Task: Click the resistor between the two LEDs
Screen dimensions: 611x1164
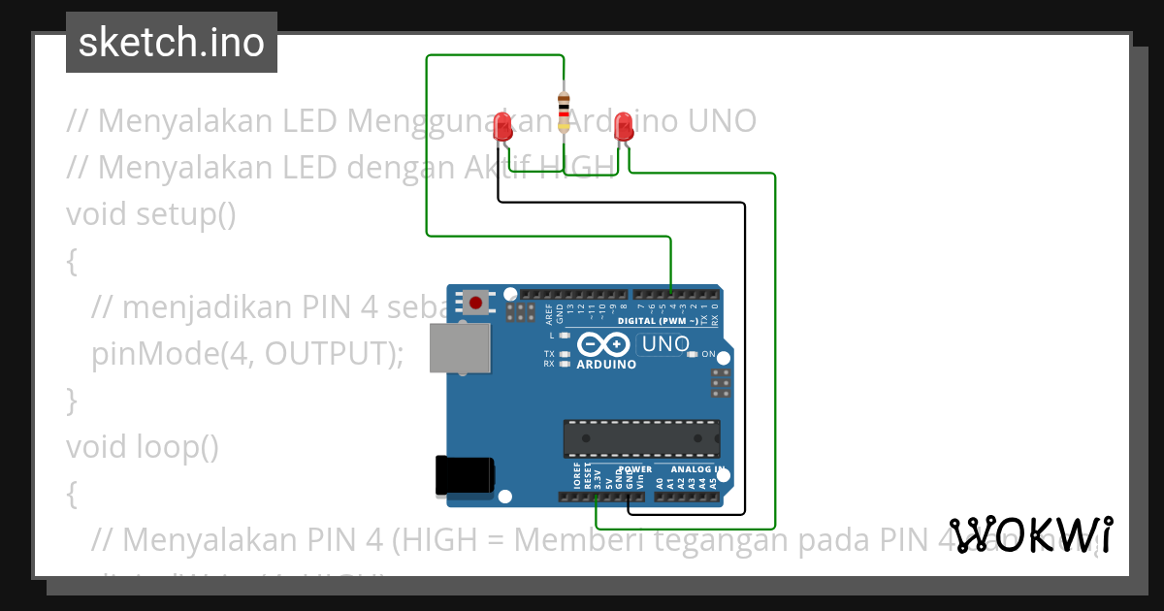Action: point(564,110)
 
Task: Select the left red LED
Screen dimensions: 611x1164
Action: point(502,126)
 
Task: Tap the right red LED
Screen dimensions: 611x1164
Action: point(624,126)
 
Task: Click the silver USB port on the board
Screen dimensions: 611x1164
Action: point(460,347)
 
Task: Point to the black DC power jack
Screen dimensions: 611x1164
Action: point(465,475)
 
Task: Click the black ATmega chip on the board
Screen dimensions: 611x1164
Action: point(641,438)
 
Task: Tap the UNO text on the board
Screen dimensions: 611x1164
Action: point(666,344)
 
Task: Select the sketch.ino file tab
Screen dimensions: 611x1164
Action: point(172,43)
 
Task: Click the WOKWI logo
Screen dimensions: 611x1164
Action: point(1031,535)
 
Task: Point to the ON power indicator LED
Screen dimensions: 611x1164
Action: point(692,354)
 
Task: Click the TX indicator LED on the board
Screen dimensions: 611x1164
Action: point(564,353)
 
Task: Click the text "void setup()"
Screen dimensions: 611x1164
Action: point(151,213)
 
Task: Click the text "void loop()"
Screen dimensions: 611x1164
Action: point(143,446)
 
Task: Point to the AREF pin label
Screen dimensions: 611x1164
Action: point(549,313)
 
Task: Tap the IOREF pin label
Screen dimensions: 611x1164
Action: point(577,474)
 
